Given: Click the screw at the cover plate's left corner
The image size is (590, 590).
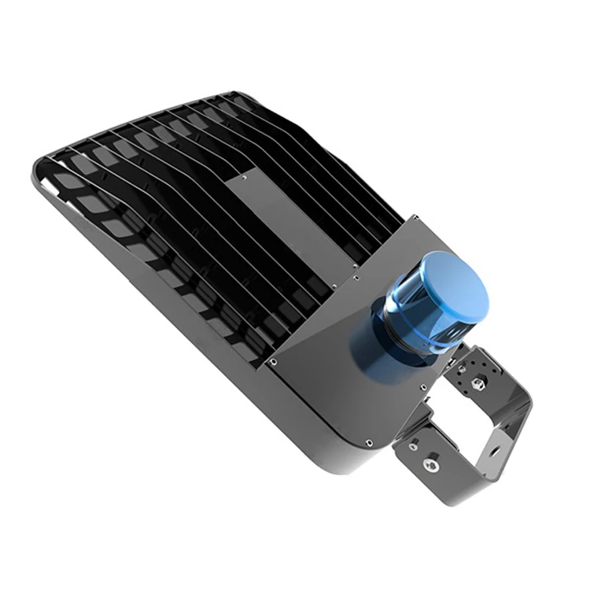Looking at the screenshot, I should (x=272, y=361).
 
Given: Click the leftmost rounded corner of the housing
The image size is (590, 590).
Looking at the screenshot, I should (x=35, y=169).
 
